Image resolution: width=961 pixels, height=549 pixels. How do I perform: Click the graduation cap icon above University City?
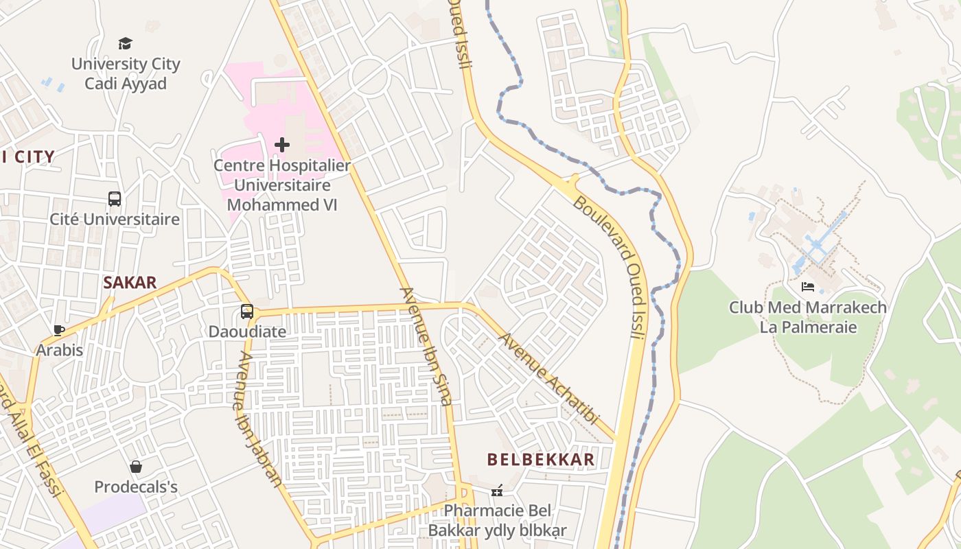[125, 44]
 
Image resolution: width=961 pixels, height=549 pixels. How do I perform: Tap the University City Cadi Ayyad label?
[126, 73]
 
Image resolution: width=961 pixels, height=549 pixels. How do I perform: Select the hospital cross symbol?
[281, 145]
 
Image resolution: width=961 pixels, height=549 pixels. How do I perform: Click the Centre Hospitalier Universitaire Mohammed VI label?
[281, 185]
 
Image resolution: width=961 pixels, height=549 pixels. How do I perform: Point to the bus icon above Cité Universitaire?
[115, 199]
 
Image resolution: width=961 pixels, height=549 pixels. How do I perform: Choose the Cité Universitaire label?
[115, 220]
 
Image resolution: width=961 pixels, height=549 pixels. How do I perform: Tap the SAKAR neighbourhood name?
[130, 282]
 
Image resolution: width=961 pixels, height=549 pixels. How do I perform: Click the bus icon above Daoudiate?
[247, 312]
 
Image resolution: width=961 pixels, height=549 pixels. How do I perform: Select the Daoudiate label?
[247, 331]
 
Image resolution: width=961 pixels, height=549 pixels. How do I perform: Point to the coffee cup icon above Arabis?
[60, 330]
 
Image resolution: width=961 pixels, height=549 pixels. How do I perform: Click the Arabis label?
[60, 350]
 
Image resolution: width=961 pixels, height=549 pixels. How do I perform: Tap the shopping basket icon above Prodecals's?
[136, 467]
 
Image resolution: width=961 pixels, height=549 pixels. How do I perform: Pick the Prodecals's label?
[136, 487]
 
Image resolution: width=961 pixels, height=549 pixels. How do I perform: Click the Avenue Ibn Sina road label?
[426, 347]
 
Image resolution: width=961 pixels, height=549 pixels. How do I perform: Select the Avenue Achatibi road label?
[548, 379]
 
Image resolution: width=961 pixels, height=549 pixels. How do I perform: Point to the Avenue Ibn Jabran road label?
[259, 419]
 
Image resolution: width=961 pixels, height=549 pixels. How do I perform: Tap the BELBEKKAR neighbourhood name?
[541, 460]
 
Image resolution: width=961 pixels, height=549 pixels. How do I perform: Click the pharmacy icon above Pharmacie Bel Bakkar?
[498, 491]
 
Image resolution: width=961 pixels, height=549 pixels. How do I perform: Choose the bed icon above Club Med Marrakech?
[808, 287]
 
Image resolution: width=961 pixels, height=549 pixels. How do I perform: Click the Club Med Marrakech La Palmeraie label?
[808, 317]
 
